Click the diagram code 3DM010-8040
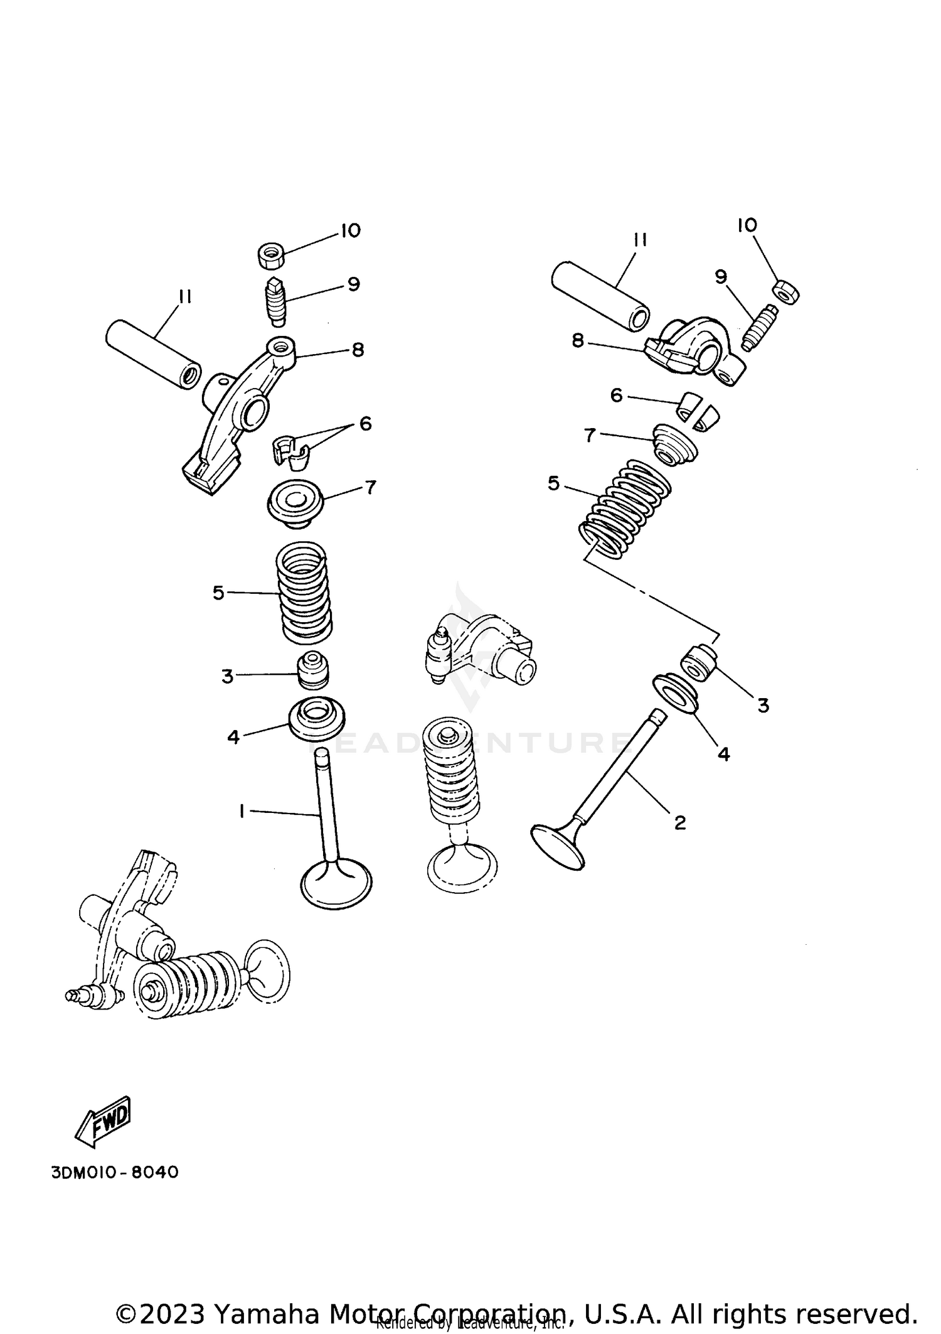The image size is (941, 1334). coord(115,1172)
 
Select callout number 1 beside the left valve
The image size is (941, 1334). coord(242,811)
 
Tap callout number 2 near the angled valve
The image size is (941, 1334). coord(680,822)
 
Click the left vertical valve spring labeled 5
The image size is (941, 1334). coord(304,593)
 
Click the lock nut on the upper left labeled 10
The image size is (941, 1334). coord(271,255)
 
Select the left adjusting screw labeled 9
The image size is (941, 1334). coord(274,301)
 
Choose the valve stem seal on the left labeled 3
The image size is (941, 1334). coord(311,670)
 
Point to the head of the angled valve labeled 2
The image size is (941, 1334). coord(557,847)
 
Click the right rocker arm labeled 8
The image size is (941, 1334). coord(696,352)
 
